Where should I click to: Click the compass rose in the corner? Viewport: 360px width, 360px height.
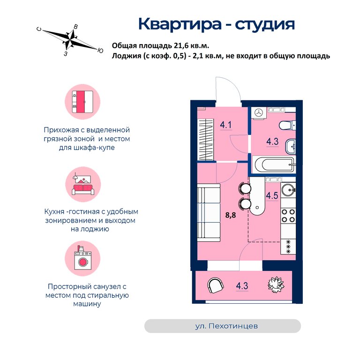70,39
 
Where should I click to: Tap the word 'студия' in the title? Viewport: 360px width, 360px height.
265,24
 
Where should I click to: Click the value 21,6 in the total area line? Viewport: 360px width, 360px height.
181,45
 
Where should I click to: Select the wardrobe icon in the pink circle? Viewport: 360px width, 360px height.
82,102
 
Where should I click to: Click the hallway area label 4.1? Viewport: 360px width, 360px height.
225,125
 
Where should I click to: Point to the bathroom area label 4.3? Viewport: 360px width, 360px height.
272,142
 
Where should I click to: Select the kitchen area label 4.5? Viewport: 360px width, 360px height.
272,196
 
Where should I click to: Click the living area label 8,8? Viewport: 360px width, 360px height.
231,215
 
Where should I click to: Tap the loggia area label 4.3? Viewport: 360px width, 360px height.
242,286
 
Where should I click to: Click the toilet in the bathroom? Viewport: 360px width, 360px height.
287,126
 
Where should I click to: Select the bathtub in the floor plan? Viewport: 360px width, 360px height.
274,165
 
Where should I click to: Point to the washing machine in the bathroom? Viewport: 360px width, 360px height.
259,113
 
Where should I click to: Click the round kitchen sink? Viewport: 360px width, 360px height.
288,190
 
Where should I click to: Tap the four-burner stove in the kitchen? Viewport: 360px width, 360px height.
288,216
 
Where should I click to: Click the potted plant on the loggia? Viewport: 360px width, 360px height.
276,285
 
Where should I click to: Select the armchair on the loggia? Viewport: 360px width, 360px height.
215,285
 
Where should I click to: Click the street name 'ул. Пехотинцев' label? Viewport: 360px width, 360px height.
226,326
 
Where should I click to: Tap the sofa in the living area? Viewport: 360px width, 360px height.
209,212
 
